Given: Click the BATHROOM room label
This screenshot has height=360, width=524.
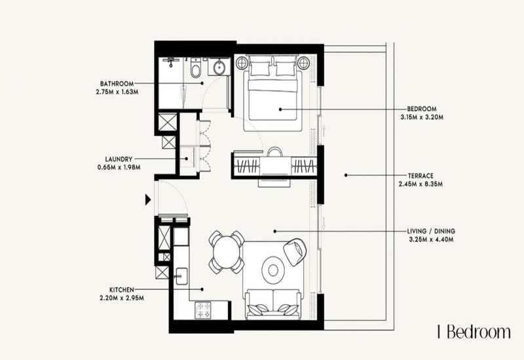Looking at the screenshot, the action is coord(117,84).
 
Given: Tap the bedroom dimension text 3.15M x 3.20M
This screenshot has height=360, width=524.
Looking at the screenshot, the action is coord(422,117).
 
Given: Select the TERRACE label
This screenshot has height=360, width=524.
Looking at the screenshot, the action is coord(421,175).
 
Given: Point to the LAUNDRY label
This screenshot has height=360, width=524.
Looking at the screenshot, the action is coord(119,159).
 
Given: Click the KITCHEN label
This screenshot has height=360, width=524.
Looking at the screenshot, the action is coord(122,289).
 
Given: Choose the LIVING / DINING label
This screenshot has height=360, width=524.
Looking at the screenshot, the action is coord(431,231).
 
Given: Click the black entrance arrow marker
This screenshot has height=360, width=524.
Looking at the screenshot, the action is coord(148,200).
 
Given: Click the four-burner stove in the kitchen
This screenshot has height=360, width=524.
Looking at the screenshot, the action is coord(204,310).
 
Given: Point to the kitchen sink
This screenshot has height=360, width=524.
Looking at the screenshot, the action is coord(181,276).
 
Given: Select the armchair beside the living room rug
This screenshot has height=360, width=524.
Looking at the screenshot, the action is coord(295,251).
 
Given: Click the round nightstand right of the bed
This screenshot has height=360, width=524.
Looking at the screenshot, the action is coord(304,63).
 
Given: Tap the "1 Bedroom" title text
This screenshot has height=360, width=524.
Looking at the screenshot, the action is coord(474,333).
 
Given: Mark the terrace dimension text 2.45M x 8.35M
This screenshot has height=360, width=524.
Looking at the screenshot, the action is coord(421,184).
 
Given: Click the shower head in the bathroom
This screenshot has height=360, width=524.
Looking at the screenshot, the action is coord(171,61).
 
